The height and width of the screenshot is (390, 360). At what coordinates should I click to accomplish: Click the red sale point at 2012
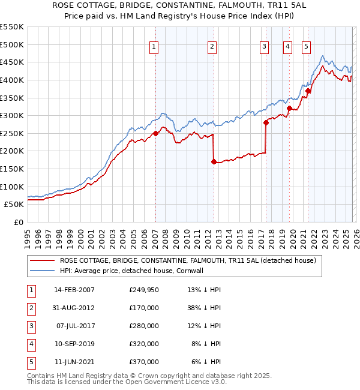click(214, 161)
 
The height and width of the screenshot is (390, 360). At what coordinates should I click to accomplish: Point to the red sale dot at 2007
click(155, 133)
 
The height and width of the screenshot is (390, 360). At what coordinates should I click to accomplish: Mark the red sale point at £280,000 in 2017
click(265, 122)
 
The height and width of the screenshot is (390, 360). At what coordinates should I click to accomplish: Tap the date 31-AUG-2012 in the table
click(74, 308)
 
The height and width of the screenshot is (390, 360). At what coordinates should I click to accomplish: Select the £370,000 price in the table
click(144, 362)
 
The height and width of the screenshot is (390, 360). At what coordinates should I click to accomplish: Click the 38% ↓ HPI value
click(204, 308)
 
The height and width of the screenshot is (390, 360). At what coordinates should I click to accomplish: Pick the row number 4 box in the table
click(30, 344)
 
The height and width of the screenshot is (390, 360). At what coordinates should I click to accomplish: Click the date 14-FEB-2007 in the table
click(74, 290)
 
